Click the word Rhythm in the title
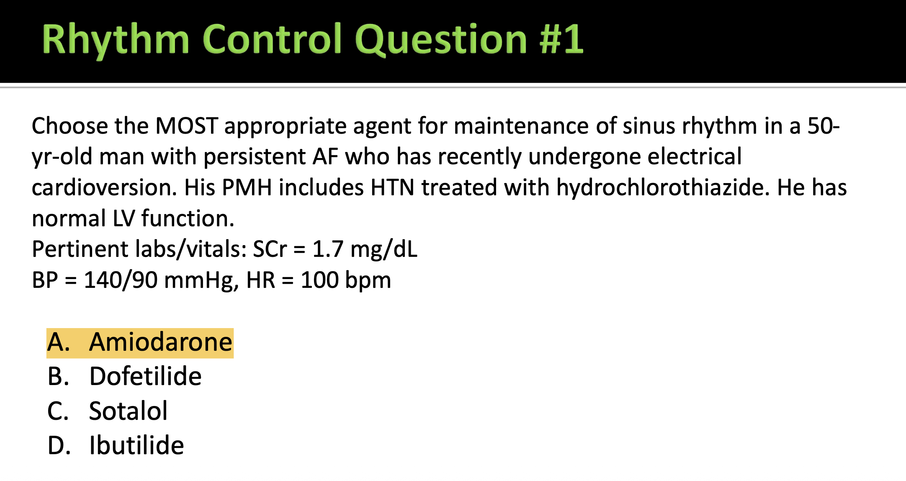point(116,40)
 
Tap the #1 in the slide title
point(561,40)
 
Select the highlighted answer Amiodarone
point(160,342)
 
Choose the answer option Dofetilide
point(145,376)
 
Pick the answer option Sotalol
point(128,411)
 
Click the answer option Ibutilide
point(136,445)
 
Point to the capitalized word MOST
point(186,126)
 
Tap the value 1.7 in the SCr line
point(328,249)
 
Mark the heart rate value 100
point(319,280)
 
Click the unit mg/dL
point(384,249)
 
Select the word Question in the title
point(440,40)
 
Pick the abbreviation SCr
point(270,249)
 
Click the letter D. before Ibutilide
point(59,445)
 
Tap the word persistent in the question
point(255,157)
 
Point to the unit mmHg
point(201,280)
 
